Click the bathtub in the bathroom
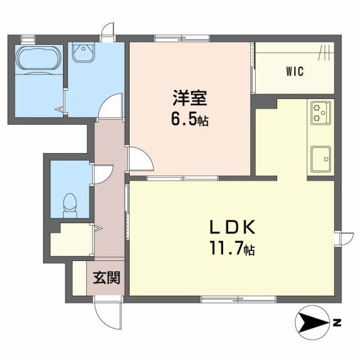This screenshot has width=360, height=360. (37, 60)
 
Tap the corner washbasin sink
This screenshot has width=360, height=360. (80, 53)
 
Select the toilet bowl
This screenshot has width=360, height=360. (70, 202)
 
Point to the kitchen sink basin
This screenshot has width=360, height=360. (321, 158)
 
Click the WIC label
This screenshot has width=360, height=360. (295, 72)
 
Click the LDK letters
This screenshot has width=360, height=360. (233, 227)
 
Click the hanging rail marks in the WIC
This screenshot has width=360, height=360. (323, 53)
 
